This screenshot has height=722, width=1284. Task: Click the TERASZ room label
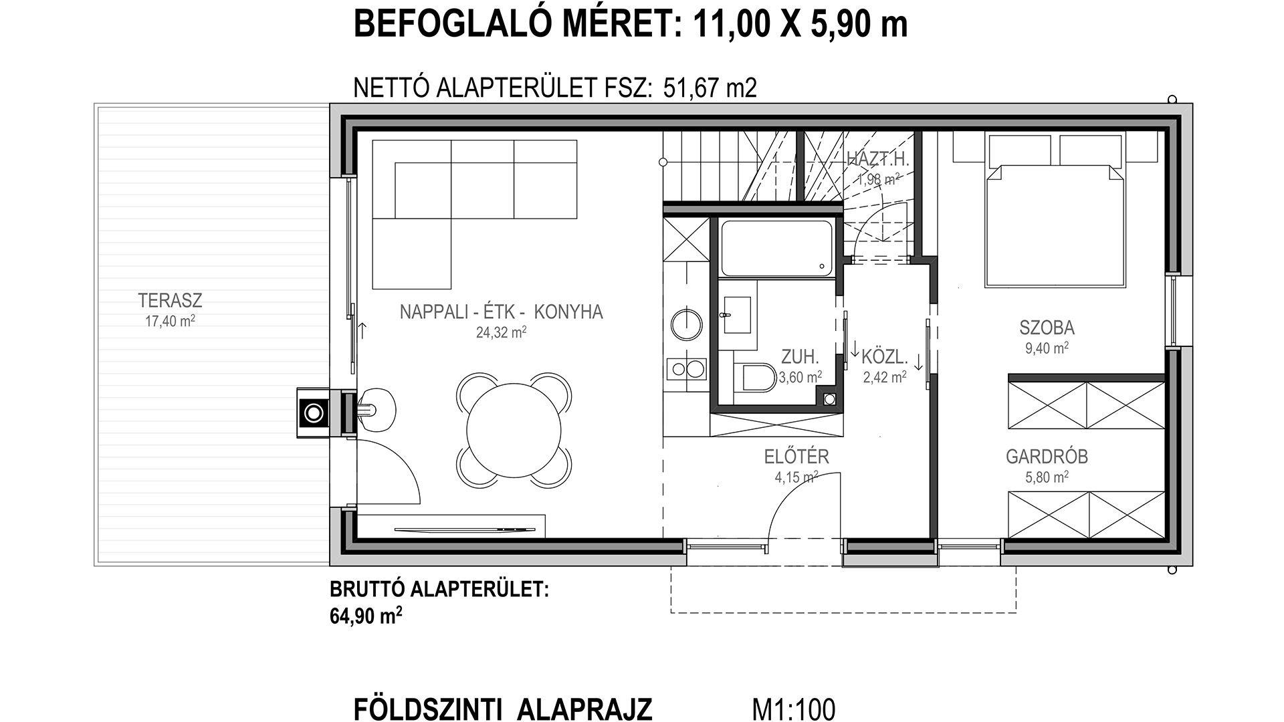[170, 300]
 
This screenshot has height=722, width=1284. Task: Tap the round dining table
[514, 429]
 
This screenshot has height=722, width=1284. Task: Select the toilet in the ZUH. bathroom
[758, 377]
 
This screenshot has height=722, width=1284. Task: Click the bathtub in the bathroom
[776, 249]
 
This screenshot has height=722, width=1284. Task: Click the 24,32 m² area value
[501, 332]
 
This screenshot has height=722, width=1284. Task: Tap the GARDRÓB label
[1047, 457]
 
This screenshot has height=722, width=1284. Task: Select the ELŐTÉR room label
[796, 457]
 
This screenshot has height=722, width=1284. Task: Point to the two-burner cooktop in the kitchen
[687, 368]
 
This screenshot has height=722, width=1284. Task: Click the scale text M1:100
[794, 709]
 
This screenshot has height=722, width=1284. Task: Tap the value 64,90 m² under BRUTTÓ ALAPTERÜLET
[366, 615]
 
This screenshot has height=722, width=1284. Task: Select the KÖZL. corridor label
[884, 356]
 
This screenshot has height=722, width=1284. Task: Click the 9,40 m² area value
[1047, 348]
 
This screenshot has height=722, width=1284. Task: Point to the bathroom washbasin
[737, 316]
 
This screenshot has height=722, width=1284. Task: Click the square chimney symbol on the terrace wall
[314, 413]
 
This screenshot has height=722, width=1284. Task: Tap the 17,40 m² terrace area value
[170, 321]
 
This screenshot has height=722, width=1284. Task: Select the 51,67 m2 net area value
[710, 88]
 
